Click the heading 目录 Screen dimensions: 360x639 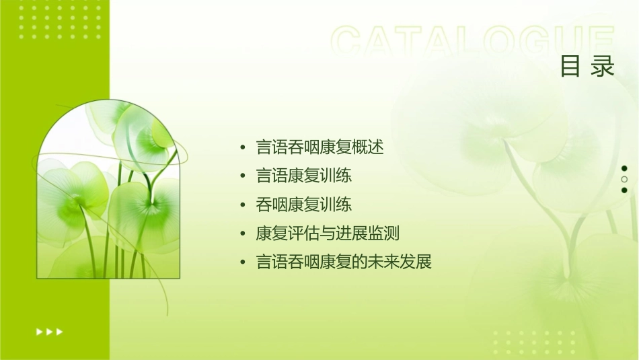[x=587, y=67]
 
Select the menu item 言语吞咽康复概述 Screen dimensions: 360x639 [x=320, y=147]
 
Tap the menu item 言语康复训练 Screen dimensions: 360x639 [x=304, y=176]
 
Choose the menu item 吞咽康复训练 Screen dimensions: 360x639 [x=304, y=205]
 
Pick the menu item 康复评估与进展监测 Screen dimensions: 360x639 [x=328, y=233]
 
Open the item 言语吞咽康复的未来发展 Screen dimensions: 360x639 [x=344, y=262]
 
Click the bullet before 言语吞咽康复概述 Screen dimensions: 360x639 [x=243, y=147]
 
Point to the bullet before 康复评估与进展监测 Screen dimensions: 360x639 [x=243, y=234]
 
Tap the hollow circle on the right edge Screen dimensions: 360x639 [x=624, y=180]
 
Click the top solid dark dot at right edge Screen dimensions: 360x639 [x=624, y=168]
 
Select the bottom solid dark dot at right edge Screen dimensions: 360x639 [x=624, y=190]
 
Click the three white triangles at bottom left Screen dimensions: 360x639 [x=50, y=332]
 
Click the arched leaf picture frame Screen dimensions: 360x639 [x=108, y=192]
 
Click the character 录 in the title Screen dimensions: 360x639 [x=603, y=67]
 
